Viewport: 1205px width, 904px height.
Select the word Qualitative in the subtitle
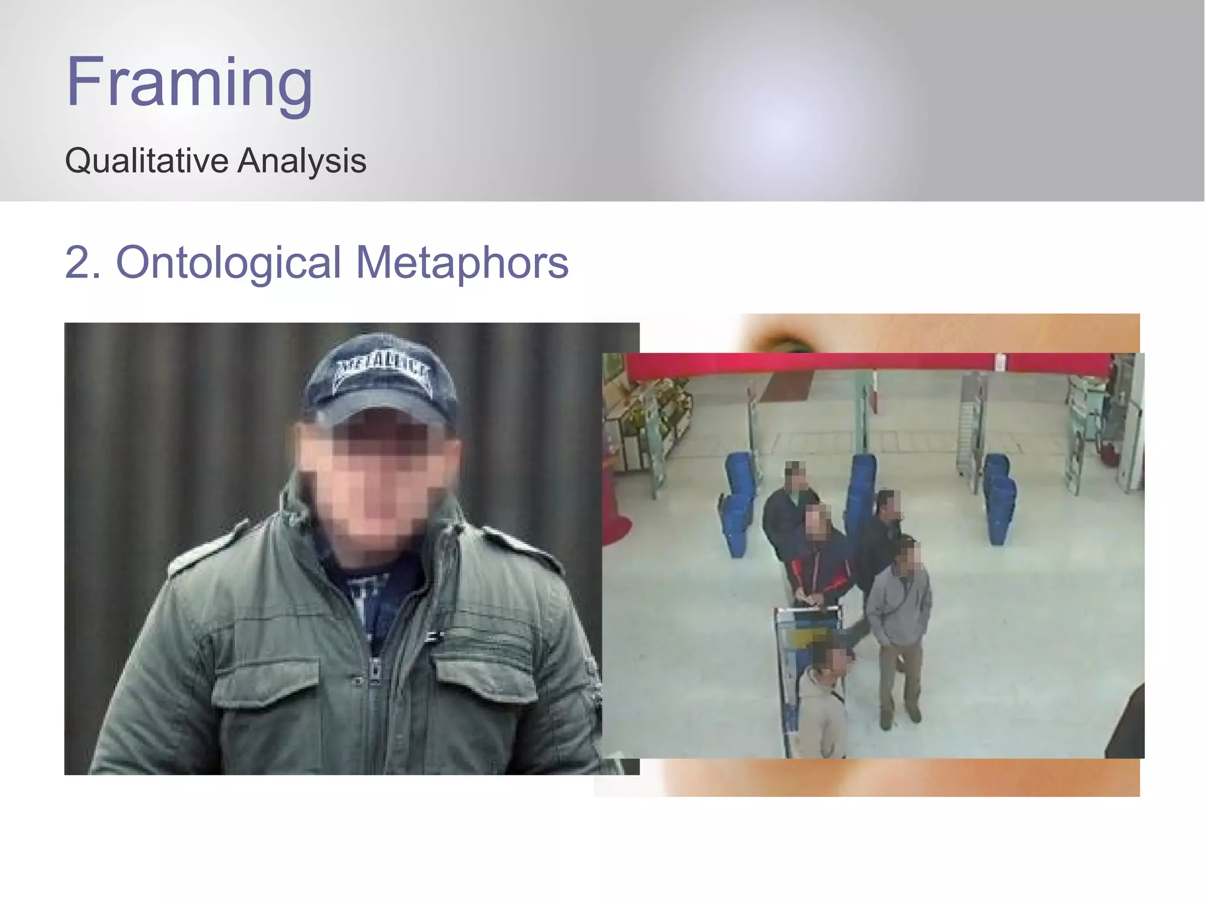147,161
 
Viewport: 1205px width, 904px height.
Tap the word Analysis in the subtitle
301,161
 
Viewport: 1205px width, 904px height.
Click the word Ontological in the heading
228,263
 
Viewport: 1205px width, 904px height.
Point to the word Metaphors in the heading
462,263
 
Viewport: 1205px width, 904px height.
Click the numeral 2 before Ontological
76,263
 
